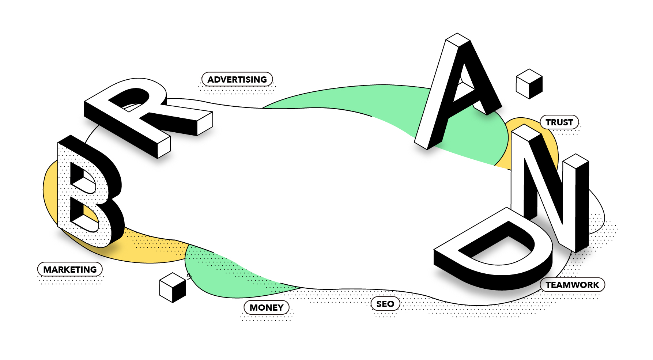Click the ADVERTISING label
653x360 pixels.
pos(237,79)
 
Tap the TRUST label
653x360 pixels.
pos(559,122)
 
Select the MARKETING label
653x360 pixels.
pos(70,269)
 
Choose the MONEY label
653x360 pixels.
pos(267,307)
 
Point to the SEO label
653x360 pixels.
pos(385,304)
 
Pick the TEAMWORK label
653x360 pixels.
pos(572,285)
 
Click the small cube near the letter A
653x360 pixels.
pos(529,84)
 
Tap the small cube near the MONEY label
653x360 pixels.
pos(173,287)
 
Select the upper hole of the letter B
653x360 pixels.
pos(82,179)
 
